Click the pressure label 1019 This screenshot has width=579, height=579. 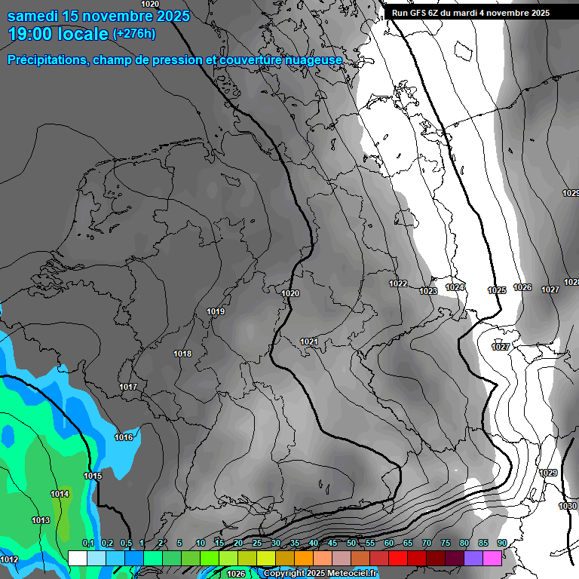(216, 311)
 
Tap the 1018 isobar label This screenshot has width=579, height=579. (182, 354)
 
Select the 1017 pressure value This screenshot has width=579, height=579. (128, 387)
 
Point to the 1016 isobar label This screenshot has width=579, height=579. (124, 437)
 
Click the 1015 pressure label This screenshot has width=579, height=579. (93, 476)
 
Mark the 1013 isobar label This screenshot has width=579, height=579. (41, 520)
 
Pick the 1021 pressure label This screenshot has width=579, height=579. (309, 342)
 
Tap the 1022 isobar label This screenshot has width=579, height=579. (398, 283)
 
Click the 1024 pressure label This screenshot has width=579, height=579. (455, 287)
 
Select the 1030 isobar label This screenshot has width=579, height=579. (567, 505)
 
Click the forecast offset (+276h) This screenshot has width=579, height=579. (133, 34)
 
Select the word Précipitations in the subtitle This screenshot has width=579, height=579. (47, 60)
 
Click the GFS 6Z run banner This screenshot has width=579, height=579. (470, 13)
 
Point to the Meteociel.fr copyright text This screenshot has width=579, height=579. (320, 574)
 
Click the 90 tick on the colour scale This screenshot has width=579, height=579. (501, 544)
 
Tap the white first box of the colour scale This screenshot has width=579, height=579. (77, 558)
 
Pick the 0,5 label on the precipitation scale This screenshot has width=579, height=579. (126, 544)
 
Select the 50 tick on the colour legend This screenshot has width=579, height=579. (351, 544)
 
